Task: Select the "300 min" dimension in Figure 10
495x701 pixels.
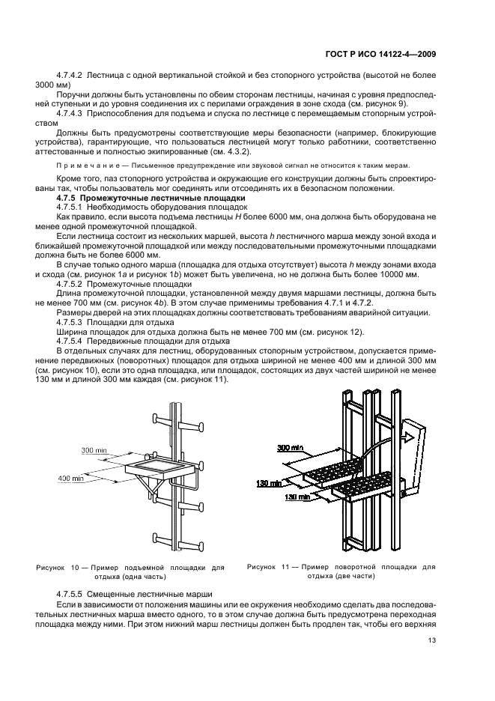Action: pyautogui.click(x=95, y=451)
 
